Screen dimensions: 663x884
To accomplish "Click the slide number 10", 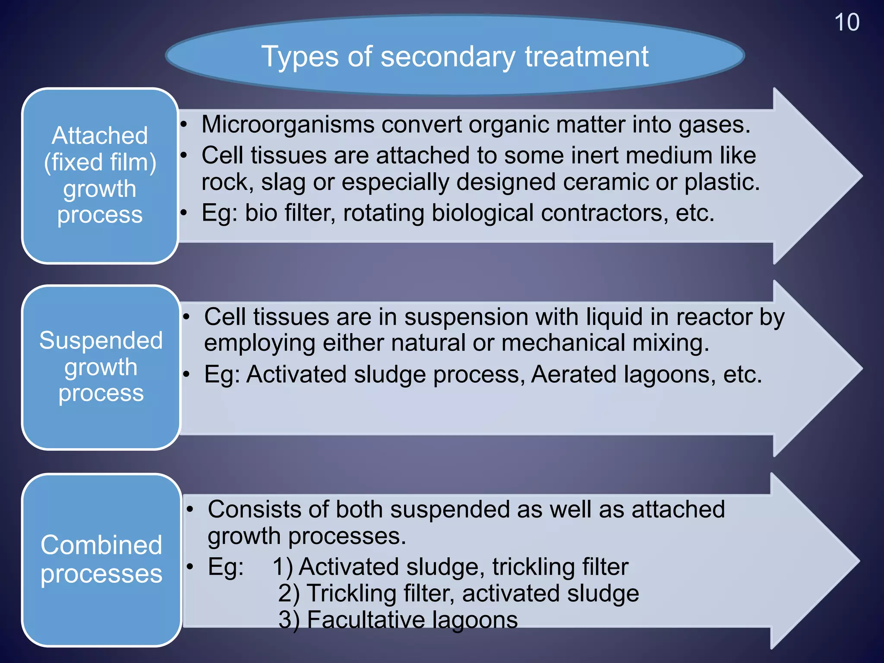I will pos(846,22).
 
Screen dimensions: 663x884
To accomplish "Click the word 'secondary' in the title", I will pos(448,57).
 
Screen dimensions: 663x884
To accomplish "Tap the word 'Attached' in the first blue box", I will pos(100,136).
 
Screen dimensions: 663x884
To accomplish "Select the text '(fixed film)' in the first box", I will pos(100,162).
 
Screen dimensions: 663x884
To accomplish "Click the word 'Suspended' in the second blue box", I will pos(101,340).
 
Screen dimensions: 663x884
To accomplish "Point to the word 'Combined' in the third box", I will pos(101,545).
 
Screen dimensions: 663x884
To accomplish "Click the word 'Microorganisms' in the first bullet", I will pos(288,124).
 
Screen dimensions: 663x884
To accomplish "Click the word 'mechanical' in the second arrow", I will pos(563,343).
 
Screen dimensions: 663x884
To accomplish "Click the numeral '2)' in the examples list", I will pos(289,593).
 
